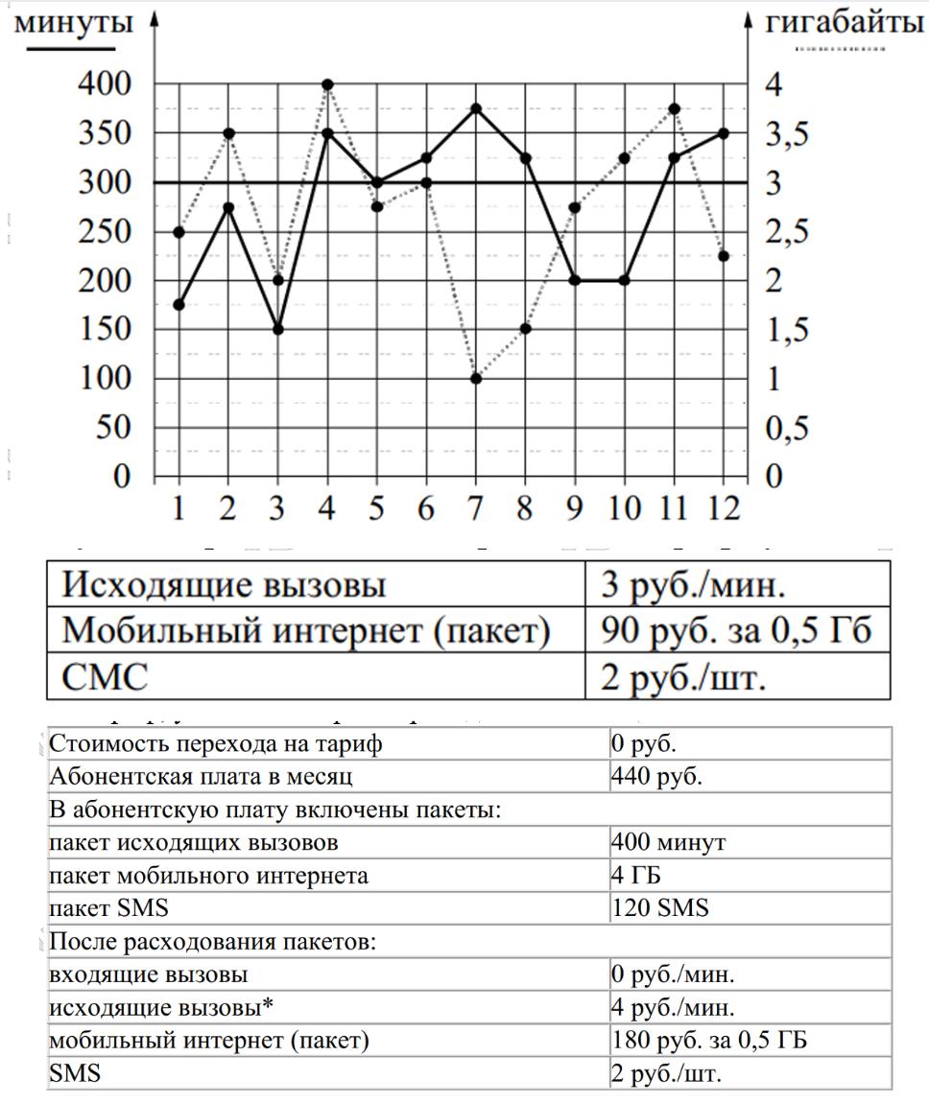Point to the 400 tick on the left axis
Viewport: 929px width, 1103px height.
tap(106, 84)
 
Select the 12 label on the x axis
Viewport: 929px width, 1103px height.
tap(724, 507)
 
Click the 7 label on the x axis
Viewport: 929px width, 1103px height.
tap(476, 507)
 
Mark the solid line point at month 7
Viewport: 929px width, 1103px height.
tap(476, 109)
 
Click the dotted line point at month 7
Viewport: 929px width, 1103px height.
tap(476, 379)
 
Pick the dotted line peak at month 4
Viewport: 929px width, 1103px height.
tap(327, 84)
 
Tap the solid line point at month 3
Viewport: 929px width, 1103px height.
tap(278, 329)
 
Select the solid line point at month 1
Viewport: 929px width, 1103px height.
tap(179, 305)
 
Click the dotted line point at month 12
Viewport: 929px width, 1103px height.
tap(724, 256)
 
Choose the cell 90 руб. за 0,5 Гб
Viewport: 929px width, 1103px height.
tap(735, 630)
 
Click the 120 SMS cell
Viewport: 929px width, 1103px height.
tap(660, 907)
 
